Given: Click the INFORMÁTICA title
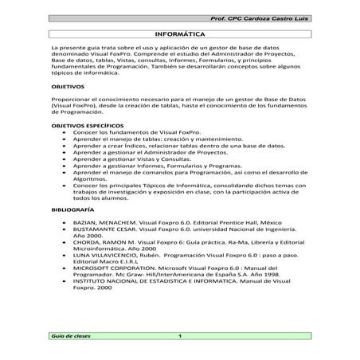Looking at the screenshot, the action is pos(179,36).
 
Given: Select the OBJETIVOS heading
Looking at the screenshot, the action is pos(67,85).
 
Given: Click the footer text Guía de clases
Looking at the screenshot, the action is pos(72,336).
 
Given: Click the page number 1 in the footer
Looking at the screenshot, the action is pos(181,336).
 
